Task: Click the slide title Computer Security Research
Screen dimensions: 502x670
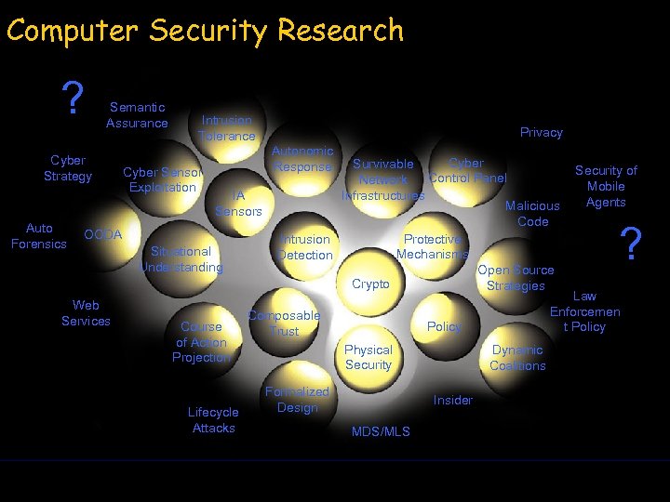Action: click(205, 31)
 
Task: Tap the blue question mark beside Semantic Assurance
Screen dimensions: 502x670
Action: click(72, 98)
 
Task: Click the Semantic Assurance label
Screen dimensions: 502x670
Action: click(137, 115)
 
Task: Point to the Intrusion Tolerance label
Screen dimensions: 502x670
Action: click(226, 128)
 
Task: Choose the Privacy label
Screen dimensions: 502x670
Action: click(541, 133)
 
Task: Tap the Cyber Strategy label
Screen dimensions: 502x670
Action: click(68, 168)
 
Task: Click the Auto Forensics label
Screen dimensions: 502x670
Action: click(39, 236)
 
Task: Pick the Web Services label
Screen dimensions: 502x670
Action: click(86, 313)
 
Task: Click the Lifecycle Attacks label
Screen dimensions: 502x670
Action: click(213, 420)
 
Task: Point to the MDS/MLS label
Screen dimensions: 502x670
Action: click(381, 432)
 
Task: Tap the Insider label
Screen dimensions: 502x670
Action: click(453, 401)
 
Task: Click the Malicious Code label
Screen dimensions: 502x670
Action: click(532, 214)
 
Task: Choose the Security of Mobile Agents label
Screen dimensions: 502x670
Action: click(606, 186)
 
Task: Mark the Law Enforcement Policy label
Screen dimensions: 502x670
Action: click(584, 311)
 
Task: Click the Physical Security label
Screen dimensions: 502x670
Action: click(368, 357)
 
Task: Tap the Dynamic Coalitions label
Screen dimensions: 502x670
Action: click(517, 358)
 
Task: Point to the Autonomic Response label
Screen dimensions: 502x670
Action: click(302, 159)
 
